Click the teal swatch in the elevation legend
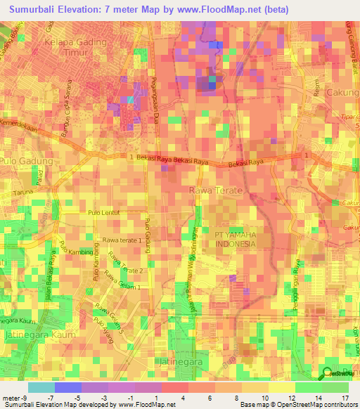click(41, 387)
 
